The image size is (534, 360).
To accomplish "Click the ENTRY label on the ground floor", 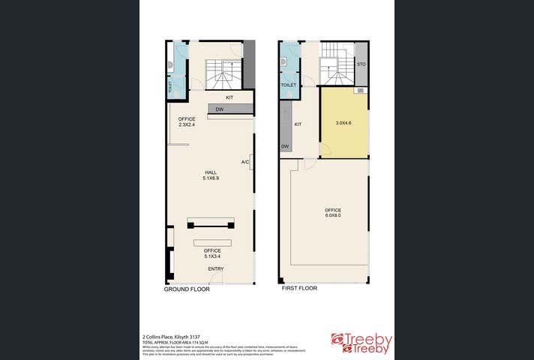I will (x=216, y=269).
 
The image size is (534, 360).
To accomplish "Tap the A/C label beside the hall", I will (x=245, y=162).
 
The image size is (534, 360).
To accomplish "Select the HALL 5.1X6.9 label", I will (x=211, y=175).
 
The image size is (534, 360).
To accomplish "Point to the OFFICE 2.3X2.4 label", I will (x=187, y=121).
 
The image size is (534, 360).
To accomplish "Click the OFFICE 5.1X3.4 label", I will (x=212, y=253).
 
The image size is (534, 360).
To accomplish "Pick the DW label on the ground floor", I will (x=220, y=109).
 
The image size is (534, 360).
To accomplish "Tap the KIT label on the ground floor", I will (x=229, y=97).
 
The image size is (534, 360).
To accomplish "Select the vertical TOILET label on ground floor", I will (x=170, y=86).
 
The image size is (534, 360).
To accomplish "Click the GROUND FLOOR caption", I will (x=187, y=288).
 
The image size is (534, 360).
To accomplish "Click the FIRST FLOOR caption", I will (x=299, y=288).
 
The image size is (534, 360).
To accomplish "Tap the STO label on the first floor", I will (x=361, y=64).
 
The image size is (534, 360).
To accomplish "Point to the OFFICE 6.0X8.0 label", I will (x=333, y=213).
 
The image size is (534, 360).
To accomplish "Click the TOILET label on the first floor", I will (x=289, y=85).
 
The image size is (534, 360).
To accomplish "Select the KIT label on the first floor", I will (x=298, y=124).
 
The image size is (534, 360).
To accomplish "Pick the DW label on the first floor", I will (x=286, y=146).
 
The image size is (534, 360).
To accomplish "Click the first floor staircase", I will (x=336, y=70).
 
